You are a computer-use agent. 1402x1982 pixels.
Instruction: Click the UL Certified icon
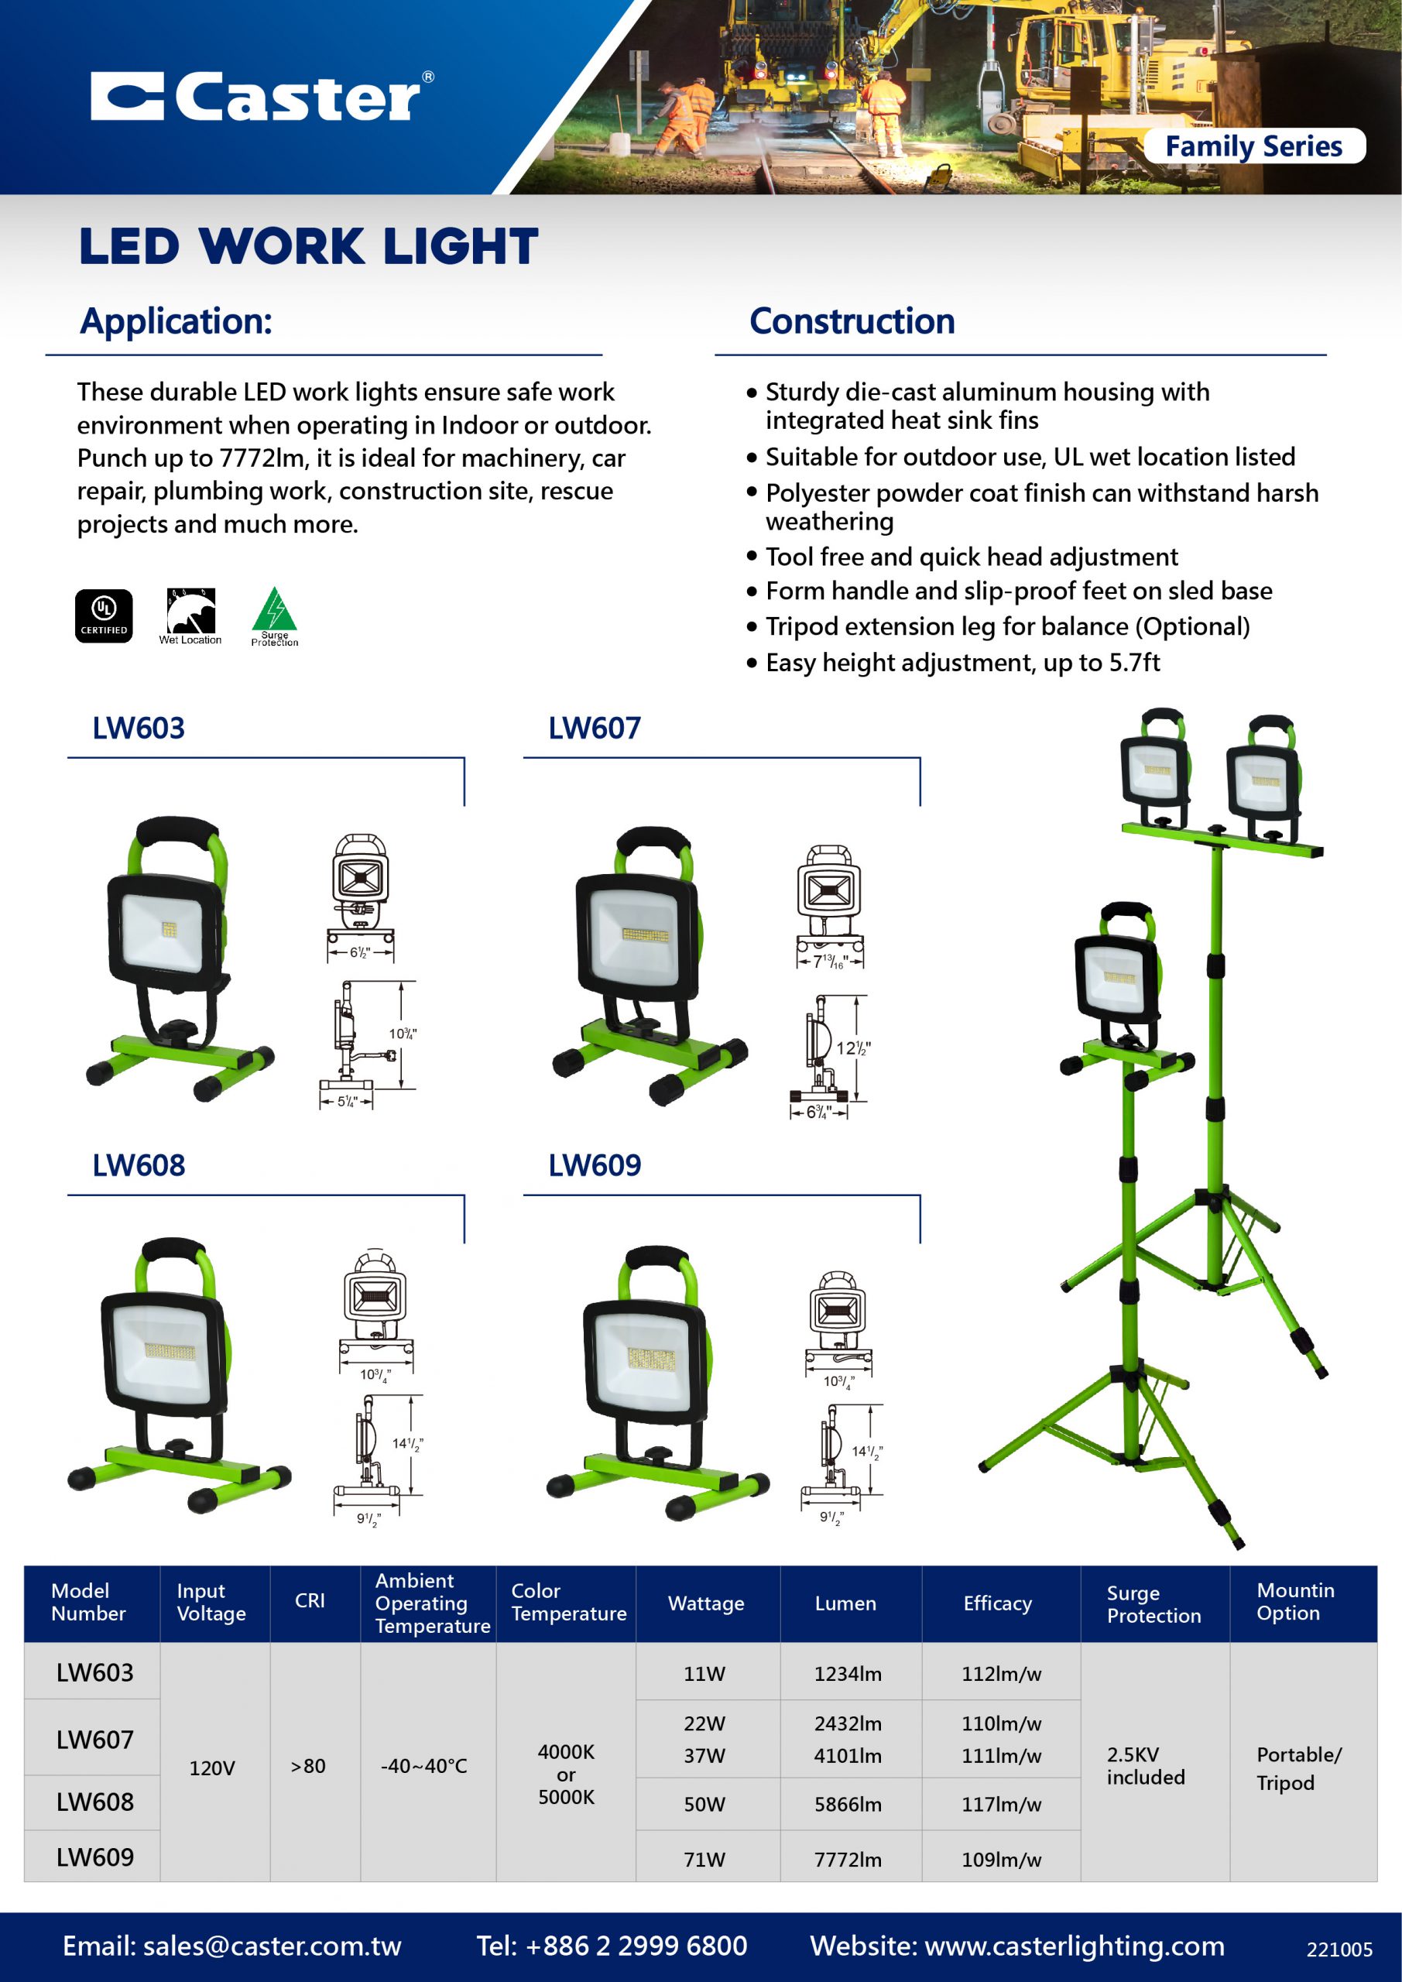point(104,616)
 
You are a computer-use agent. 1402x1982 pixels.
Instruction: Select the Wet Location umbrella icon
point(190,616)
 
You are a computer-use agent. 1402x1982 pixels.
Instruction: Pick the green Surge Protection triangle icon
point(275,615)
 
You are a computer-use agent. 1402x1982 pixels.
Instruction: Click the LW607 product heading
point(594,728)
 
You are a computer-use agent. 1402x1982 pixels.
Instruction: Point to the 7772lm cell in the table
point(847,1860)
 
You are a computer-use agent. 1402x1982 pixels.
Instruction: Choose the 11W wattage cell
point(704,1674)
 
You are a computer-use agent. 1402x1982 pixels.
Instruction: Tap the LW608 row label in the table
point(94,1802)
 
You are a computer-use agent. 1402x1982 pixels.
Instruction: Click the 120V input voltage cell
point(211,1768)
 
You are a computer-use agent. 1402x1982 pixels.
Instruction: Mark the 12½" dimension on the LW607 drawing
point(852,1048)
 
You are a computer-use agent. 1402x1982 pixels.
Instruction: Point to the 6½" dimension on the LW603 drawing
point(359,952)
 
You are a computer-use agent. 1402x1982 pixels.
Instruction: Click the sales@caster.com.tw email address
point(271,1946)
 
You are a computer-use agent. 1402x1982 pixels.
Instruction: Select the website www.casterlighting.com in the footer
point(1074,1946)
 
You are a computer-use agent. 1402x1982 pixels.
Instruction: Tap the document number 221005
point(1338,1949)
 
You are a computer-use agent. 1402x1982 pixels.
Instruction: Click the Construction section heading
point(852,321)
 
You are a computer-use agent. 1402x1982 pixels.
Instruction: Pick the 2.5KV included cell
point(1146,1765)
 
